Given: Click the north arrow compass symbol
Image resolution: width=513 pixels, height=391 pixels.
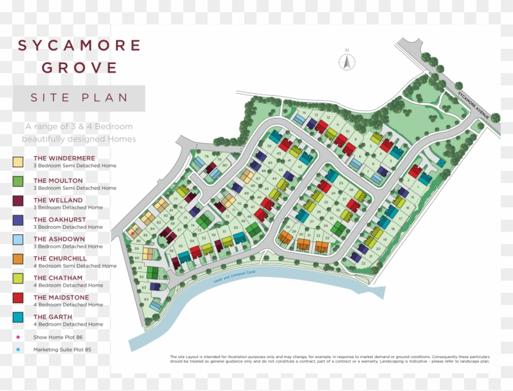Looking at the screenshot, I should tap(347, 61).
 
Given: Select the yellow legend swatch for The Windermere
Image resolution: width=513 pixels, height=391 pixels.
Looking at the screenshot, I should tap(18, 162).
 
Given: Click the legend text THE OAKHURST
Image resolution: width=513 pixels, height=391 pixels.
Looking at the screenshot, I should tap(57, 220).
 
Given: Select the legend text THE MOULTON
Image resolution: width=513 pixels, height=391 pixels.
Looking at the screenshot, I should tap(58, 181).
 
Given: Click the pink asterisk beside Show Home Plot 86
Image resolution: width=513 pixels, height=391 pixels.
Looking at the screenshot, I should tap(18, 337).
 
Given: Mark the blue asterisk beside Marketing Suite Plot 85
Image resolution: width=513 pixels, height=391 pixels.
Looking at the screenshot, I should tap(18, 350).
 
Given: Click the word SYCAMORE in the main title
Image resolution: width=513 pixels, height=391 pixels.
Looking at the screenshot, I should tap(79, 46).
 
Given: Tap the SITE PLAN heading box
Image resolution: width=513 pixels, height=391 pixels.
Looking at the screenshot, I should tap(79, 98).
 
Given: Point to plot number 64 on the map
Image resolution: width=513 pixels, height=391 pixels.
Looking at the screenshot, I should tap(147, 300).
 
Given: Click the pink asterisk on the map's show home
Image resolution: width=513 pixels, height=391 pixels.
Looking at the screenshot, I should tap(133, 233).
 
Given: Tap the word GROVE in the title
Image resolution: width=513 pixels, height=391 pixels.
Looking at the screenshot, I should tap(79, 66).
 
